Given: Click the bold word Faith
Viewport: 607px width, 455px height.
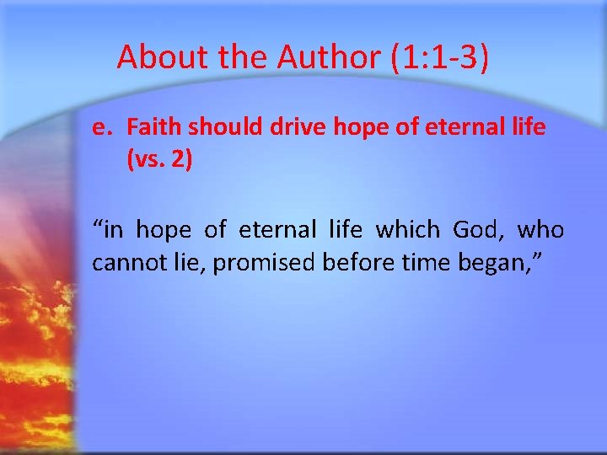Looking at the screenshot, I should [x=152, y=127].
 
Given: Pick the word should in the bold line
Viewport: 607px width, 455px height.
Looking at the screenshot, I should [x=218, y=127].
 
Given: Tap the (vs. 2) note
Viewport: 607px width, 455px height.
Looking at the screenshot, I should [x=159, y=159].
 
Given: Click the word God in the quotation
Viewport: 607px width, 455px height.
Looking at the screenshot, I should [x=478, y=229].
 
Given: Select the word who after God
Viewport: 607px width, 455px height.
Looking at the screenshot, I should [x=540, y=229].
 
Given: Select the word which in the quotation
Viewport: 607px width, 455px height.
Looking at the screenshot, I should [x=407, y=229].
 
